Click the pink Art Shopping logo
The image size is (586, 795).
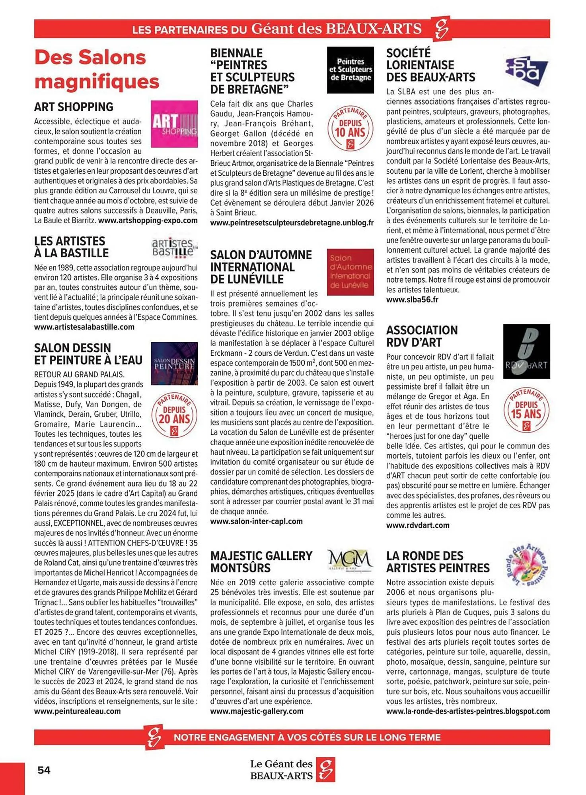tap(174, 124)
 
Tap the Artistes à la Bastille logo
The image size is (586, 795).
tap(174, 247)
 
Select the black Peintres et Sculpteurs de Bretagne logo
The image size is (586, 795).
tap(350, 70)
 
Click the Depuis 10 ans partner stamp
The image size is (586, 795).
tap(350, 128)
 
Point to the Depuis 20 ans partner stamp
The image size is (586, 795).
tap(174, 415)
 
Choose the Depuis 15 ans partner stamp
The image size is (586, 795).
tap(526, 410)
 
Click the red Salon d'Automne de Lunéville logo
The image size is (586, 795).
tap(350, 272)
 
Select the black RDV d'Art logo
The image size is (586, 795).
tap(526, 351)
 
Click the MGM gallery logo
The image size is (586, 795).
tap(350, 560)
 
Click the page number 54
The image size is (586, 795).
tap(44, 770)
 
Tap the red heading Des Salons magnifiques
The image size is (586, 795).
tap(97, 70)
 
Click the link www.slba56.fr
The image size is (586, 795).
tap(412, 300)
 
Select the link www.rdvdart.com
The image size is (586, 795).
tap(418, 525)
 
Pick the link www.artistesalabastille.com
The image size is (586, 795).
tap(84, 327)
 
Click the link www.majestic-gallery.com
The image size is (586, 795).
tap(257, 711)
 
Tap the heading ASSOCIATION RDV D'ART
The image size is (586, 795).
tap(422, 336)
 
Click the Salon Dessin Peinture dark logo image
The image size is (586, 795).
tap(174, 363)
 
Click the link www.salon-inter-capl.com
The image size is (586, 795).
tap(256, 522)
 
